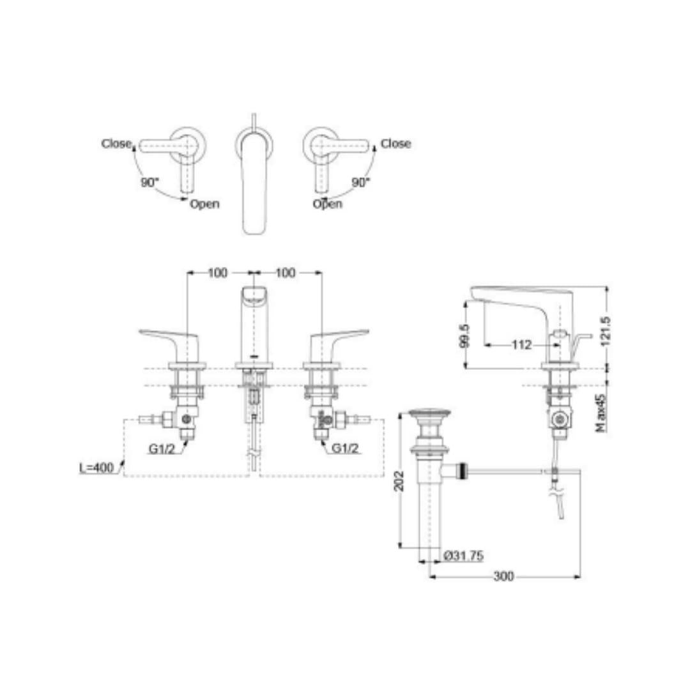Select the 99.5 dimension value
pos(464,335)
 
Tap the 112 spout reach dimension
pos(521,344)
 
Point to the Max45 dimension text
pos(602,412)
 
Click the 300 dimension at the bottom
pos(503,576)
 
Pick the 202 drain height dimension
pos(399,481)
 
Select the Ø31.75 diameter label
pos(463,556)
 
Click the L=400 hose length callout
pos(97,467)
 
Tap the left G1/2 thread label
pos(162,448)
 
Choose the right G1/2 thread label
pos(345,448)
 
